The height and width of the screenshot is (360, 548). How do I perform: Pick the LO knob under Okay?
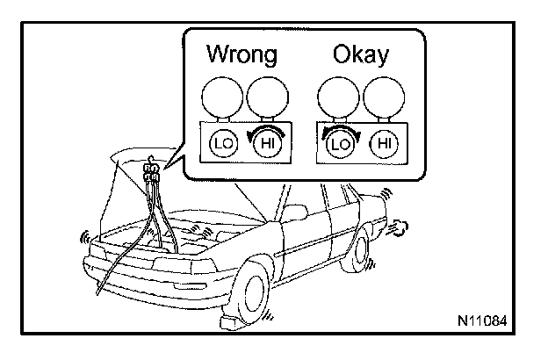pyautogui.click(x=336, y=141)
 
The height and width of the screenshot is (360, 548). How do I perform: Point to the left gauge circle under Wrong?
pyautogui.click(x=220, y=98)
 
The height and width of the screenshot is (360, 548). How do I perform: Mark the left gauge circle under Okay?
pyautogui.click(x=336, y=98)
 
